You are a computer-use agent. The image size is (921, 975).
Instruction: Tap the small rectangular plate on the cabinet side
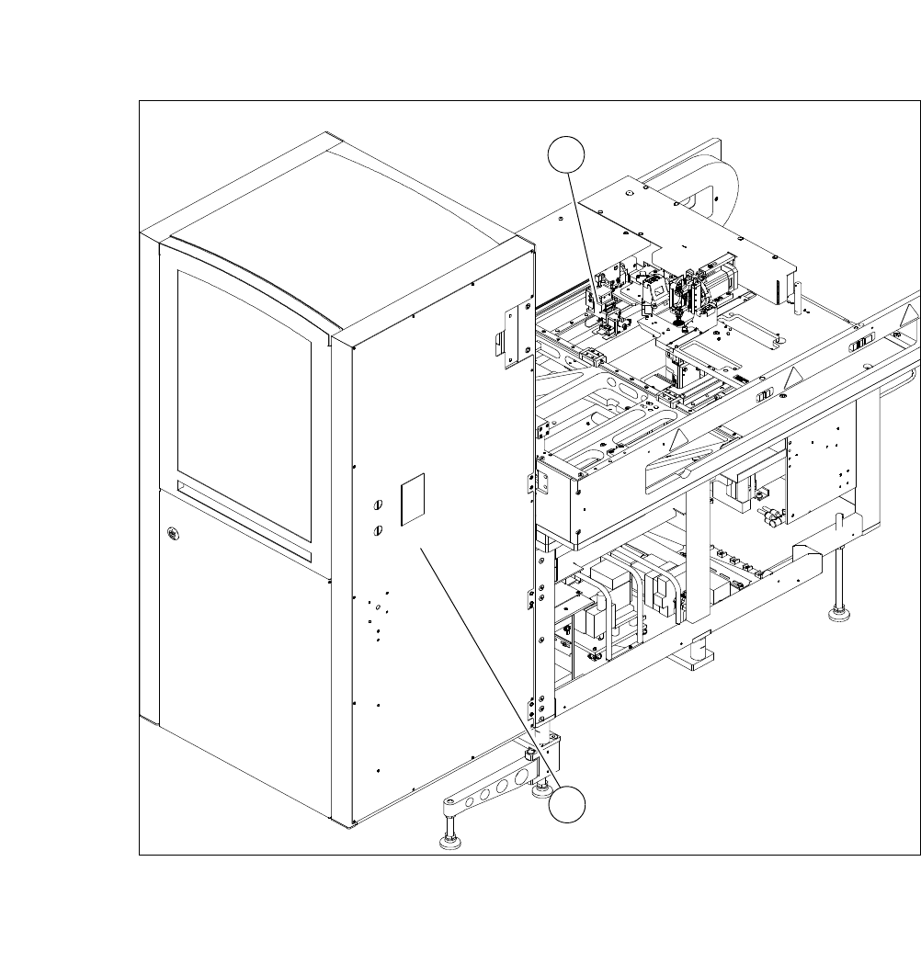(x=414, y=500)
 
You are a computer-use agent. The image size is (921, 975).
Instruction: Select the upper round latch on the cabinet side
(x=377, y=505)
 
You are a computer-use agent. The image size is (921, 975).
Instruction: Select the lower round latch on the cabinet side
(x=377, y=530)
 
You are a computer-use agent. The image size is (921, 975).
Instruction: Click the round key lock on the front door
(x=172, y=532)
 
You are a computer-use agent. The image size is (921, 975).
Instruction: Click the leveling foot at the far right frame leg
(x=838, y=610)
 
